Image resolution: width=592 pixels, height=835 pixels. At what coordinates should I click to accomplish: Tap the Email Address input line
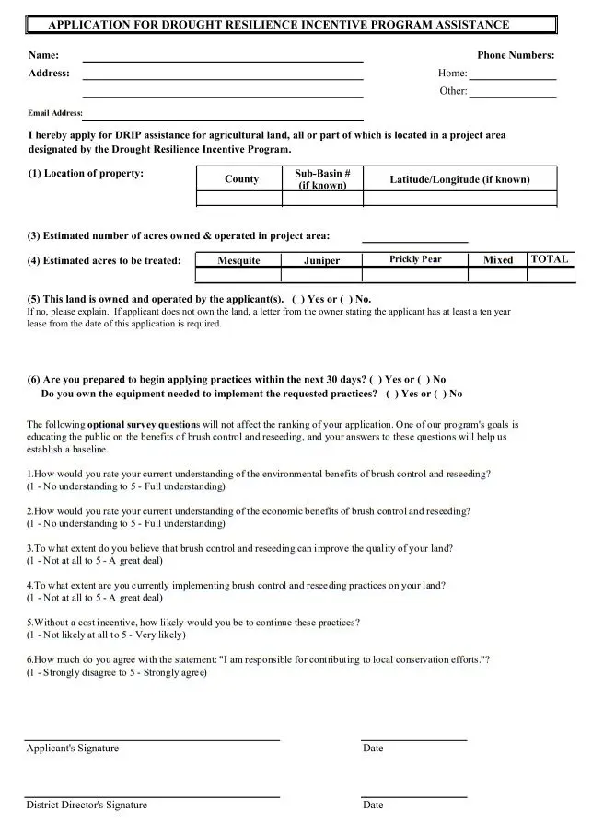click(223, 118)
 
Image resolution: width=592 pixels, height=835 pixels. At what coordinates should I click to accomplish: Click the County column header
click(241, 178)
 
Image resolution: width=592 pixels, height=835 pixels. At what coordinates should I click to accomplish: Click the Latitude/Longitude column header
click(459, 178)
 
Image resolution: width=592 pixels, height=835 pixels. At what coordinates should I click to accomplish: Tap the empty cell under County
click(241, 198)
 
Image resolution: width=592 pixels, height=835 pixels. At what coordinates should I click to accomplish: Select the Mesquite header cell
click(238, 260)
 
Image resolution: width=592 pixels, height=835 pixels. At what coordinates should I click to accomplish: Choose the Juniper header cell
click(321, 260)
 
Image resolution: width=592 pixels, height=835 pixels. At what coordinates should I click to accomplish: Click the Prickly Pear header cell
click(415, 259)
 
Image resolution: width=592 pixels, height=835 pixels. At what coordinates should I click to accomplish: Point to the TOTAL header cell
click(550, 259)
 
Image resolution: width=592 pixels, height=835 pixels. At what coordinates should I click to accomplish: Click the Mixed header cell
click(498, 260)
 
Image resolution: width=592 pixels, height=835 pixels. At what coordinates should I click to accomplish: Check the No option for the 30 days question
click(424, 379)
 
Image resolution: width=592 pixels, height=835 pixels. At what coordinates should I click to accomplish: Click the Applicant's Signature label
click(73, 748)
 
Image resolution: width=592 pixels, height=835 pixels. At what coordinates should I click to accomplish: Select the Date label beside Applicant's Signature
click(373, 748)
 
